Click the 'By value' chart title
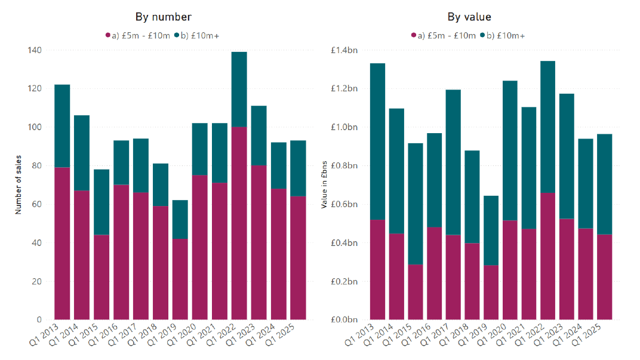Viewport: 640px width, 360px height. pyautogui.click(x=469, y=17)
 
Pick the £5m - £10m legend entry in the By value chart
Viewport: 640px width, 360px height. pyautogui.click(x=443, y=36)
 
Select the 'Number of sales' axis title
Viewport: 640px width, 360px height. pyautogui.click(x=18, y=185)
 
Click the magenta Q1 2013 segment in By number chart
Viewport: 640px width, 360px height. pyautogui.click(x=62, y=243)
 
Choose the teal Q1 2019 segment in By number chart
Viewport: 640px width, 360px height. pyautogui.click(x=180, y=219)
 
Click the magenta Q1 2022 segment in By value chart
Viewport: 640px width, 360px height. pyautogui.click(x=547, y=256)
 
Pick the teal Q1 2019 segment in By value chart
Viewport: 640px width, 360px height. pyautogui.click(x=491, y=230)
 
